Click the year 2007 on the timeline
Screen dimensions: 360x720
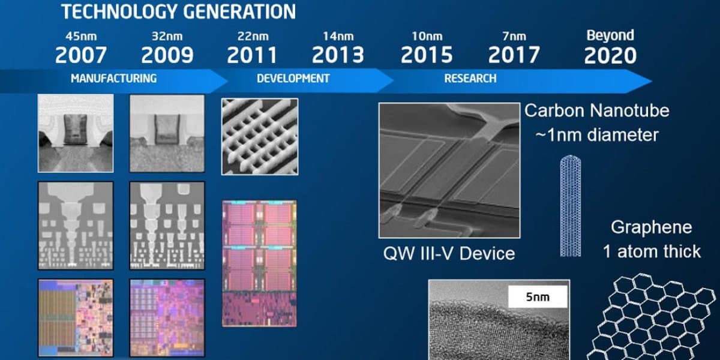(x=81, y=55)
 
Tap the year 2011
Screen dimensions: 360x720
(x=252, y=55)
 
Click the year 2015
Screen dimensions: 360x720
(x=426, y=55)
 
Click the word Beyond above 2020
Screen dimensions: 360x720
(x=610, y=35)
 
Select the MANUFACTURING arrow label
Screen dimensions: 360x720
(x=113, y=78)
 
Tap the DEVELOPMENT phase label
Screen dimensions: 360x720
(x=293, y=78)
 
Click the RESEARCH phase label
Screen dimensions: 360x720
(x=470, y=78)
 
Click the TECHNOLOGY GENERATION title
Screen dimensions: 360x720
(x=179, y=11)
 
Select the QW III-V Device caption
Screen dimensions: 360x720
(x=449, y=253)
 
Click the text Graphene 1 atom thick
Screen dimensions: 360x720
(x=652, y=239)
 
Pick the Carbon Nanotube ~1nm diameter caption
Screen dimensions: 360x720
(x=596, y=122)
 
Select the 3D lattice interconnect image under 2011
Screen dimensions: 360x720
(x=259, y=136)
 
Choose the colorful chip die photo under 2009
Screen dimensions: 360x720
(x=167, y=318)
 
